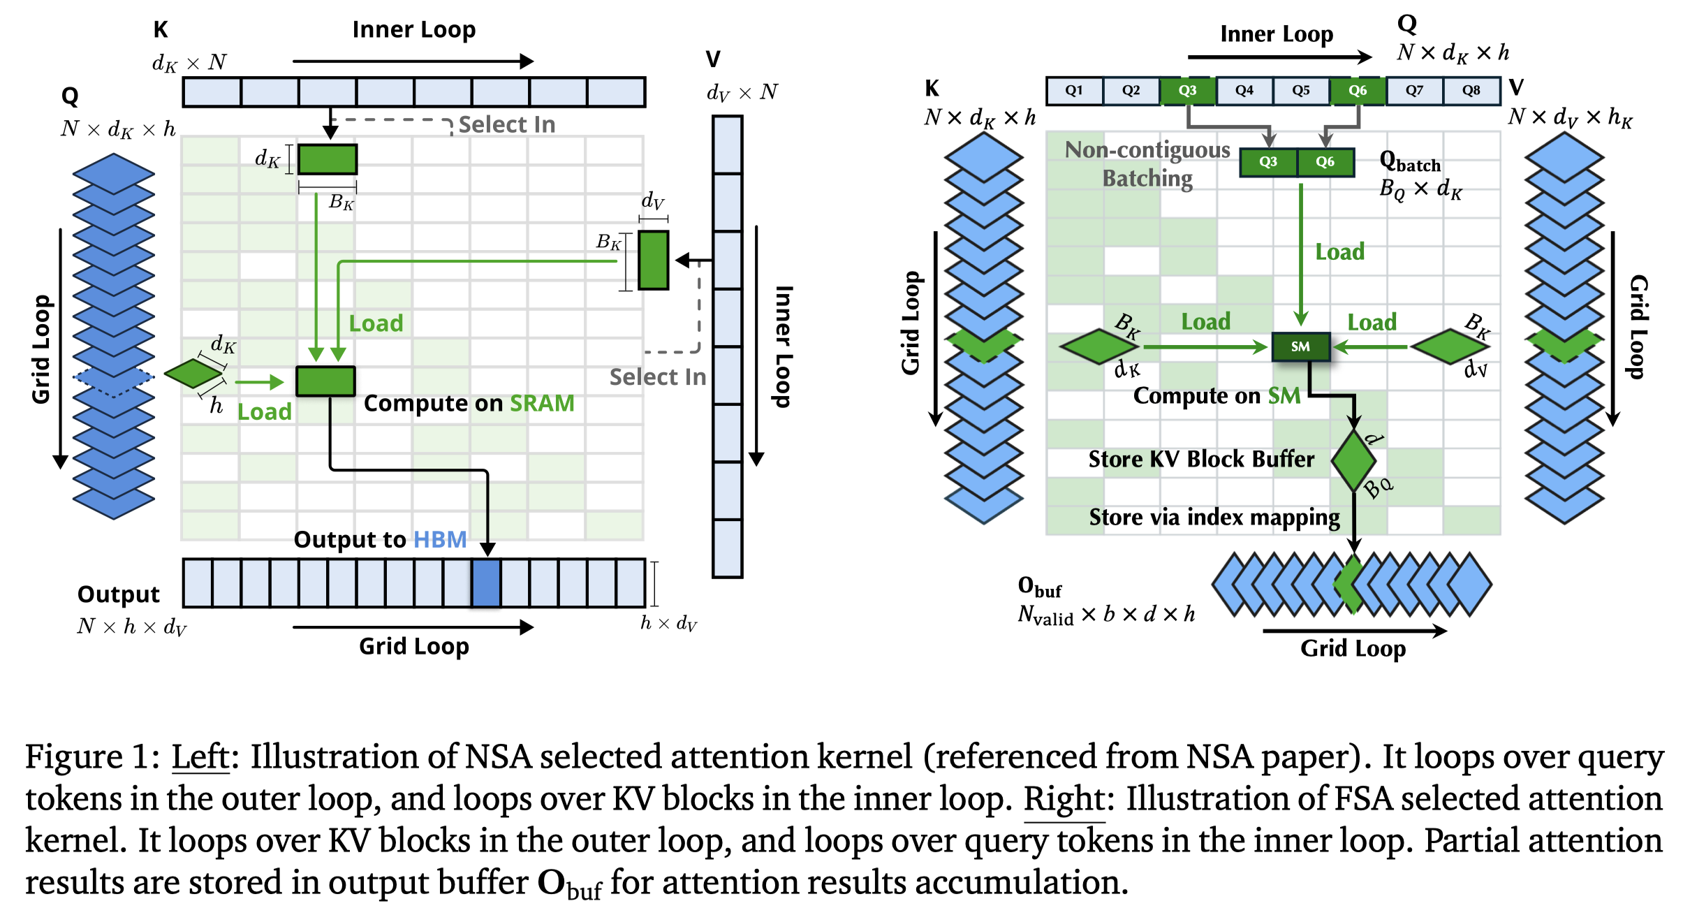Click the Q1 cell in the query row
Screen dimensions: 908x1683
point(1074,91)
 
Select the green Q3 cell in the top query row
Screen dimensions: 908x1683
point(1187,91)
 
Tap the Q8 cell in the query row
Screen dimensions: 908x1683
point(1471,91)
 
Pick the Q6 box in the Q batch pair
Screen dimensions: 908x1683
point(1325,162)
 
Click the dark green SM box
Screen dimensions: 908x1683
point(1300,346)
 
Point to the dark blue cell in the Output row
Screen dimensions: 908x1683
point(486,583)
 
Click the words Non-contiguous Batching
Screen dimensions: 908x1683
point(1147,164)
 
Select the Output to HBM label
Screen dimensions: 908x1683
point(380,540)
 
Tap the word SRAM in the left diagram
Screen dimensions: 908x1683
point(542,404)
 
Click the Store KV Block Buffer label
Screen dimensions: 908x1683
point(1201,460)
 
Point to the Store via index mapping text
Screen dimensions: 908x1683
point(1214,518)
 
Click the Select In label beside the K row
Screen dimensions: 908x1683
point(507,125)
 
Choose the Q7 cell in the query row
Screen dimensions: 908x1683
point(1414,91)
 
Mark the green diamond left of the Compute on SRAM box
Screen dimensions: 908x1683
point(193,374)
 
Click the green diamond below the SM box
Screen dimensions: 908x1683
point(1353,461)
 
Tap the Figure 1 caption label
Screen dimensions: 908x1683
point(91,757)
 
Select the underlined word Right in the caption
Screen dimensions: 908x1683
point(1064,799)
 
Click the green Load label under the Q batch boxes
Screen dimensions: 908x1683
point(1339,252)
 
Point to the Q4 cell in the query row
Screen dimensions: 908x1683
point(1244,91)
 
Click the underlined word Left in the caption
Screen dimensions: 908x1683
point(200,757)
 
